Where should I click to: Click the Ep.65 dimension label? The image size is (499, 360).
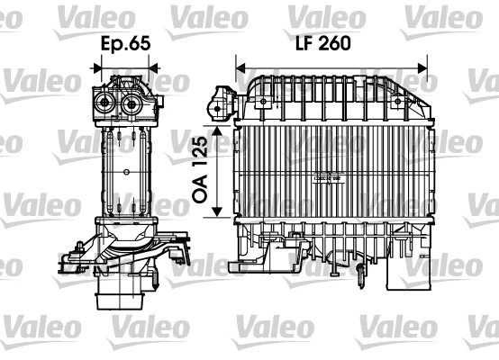pos(124,43)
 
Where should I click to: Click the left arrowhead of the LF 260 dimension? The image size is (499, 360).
pos(240,65)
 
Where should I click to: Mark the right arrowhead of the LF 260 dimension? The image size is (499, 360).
pos(425,65)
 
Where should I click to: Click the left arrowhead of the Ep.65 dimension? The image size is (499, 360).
pos(96,65)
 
